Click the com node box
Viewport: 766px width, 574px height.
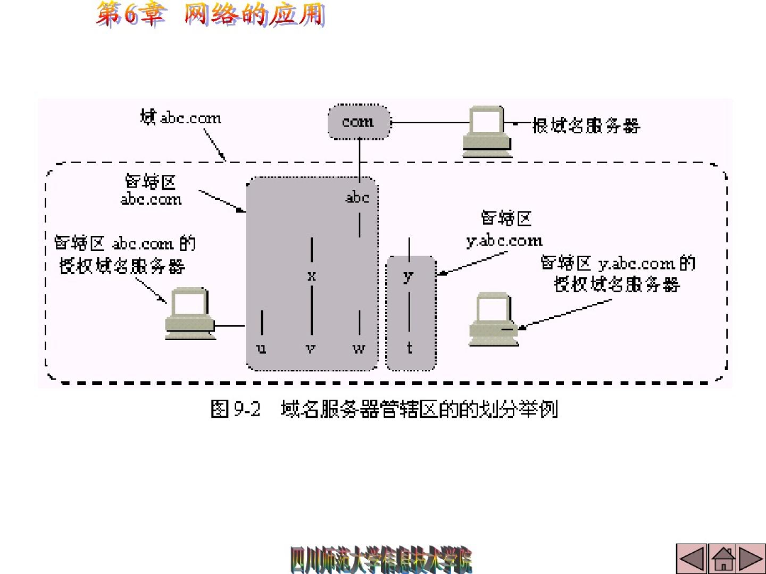click(359, 122)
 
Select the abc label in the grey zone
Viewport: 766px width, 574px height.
click(357, 198)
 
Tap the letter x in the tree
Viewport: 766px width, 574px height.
click(312, 275)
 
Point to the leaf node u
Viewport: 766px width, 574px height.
click(261, 349)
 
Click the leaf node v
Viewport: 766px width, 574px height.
click(311, 349)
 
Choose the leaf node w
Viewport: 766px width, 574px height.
click(359, 349)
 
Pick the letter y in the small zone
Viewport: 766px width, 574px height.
click(408, 276)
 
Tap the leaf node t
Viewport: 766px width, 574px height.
click(410, 348)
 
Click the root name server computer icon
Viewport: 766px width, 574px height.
click(487, 131)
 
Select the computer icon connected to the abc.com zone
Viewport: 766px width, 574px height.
click(190, 314)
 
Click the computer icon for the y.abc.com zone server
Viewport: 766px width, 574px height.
click(493, 319)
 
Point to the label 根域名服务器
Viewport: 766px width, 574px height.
click(586, 126)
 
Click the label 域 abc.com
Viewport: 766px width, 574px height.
click(181, 117)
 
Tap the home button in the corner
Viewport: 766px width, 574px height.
click(723, 559)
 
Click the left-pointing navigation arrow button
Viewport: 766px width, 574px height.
click(692, 559)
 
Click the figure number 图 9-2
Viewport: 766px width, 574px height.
click(236, 409)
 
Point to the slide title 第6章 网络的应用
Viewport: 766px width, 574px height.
click(210, 14)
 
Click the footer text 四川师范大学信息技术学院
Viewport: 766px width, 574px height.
click(381, 560)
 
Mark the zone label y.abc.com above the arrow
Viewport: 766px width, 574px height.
click(504, 241)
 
